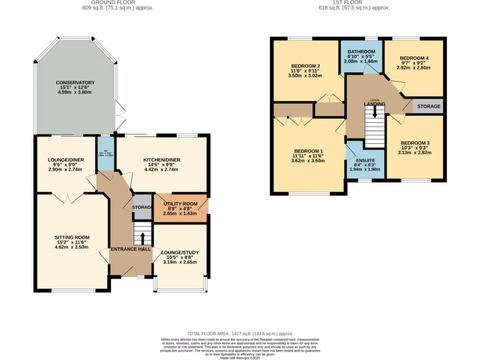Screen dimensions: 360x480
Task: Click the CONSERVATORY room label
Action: coord(75,82)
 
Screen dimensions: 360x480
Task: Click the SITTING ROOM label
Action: coord(72,237)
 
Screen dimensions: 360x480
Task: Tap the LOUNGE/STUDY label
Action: coord(180,252)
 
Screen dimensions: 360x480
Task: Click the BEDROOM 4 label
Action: coord(414,58)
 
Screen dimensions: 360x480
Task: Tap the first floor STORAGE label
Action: coord(428,106)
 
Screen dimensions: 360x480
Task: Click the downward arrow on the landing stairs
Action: coord(375,112)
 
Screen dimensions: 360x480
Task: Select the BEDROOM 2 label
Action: coord(306,66)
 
